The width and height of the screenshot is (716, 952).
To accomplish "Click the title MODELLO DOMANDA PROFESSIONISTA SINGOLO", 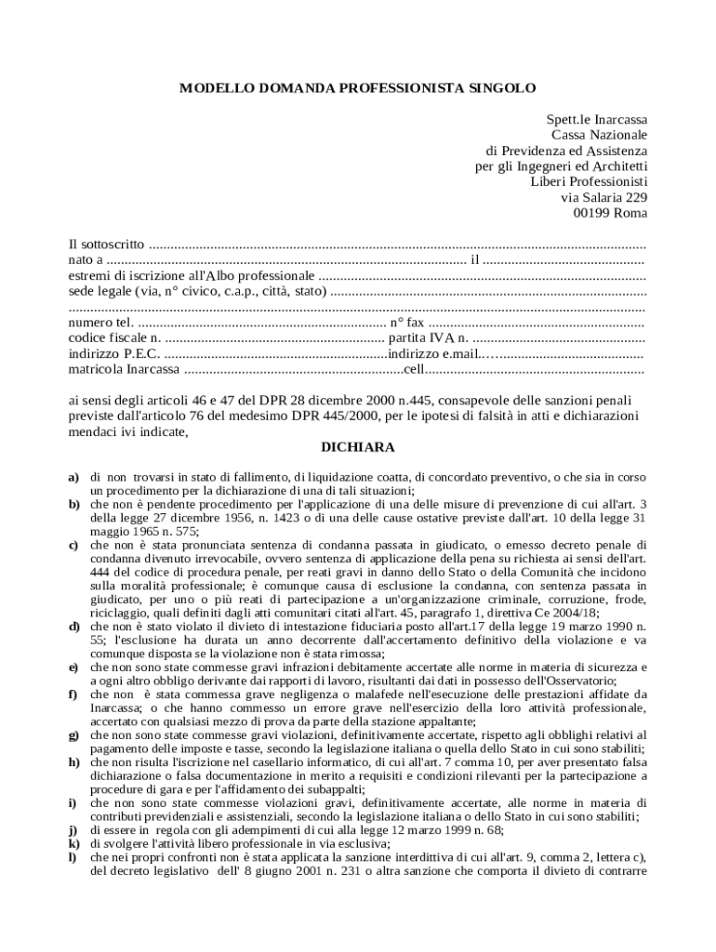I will point(357,88).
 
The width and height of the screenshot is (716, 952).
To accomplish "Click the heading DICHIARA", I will point(358,447).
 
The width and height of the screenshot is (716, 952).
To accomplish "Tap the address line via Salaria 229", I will point(603,197).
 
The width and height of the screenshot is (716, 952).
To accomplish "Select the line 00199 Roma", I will point(611,213).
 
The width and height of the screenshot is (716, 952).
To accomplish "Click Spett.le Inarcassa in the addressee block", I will point(596,120).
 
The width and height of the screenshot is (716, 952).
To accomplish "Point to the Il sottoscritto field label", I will point(107,245).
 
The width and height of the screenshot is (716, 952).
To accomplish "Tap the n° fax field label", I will point(409,323).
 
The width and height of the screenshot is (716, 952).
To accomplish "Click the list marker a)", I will point(73,477).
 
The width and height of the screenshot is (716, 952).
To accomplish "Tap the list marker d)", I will point(73,628).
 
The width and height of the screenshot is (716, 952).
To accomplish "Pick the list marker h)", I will point(73,761).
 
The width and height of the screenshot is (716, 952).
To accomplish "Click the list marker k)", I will point(73,842).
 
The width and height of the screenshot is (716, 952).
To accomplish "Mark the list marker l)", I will point(73,856).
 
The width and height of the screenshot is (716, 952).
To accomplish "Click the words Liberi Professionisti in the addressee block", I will point(589,181).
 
